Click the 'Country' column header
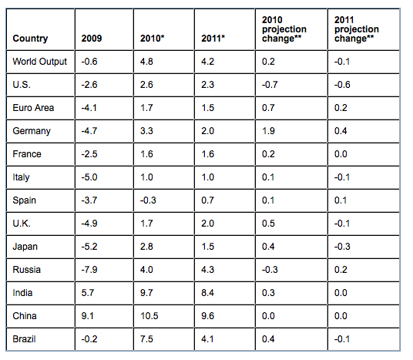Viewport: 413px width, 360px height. click(x=31, y=39)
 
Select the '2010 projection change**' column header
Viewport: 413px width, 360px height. click(x=284, y=29)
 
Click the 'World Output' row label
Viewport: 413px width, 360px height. click(x=40, y=62)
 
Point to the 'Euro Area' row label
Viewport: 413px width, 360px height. click(x=33, y=108)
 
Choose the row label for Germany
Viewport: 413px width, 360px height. click(x=32, y=131)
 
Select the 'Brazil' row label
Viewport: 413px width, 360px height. click(x=25, y=338)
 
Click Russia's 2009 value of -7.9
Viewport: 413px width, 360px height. click(x=90, y=270)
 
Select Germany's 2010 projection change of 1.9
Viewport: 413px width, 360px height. click(x=268, y=131)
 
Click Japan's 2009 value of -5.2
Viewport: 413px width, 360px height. click(x=90, y=247)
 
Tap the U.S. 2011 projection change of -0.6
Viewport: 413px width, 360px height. click(x=342, y=85)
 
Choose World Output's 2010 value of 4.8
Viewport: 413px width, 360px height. click(x=148, y=62)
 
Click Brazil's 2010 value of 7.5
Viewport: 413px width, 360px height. click(x=148, y=338)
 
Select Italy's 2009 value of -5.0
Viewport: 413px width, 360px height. click(x=90, y=177)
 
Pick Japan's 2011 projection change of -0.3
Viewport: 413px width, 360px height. click(x=342, y=247)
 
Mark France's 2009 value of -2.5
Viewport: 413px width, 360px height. click(x=90, y=154)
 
